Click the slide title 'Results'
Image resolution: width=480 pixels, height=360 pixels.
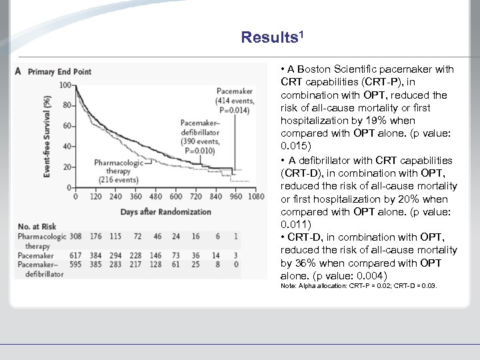tap(273, 37)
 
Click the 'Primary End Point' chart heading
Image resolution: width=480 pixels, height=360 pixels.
tap(59, 71)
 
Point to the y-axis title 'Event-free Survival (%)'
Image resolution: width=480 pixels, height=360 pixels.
tap(48, 137)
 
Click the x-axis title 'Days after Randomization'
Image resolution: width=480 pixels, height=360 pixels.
tap(165, 211)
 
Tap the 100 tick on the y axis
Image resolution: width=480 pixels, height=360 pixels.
tap(64, 85)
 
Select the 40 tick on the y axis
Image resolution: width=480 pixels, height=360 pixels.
tap(67, 146)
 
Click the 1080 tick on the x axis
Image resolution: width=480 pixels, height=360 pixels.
tap(257, 197)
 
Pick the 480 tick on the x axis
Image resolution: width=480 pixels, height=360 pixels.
tap(155, 197)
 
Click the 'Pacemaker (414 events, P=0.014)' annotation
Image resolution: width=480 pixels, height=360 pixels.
tap(233, 100)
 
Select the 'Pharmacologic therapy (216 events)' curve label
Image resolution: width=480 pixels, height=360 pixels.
tap(119, 171)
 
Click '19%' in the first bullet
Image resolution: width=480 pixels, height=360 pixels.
tap(383, 121)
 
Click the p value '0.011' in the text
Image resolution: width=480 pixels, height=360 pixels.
tap(293, 224)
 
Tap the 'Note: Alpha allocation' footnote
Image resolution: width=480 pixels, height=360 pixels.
tap(359, 285)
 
